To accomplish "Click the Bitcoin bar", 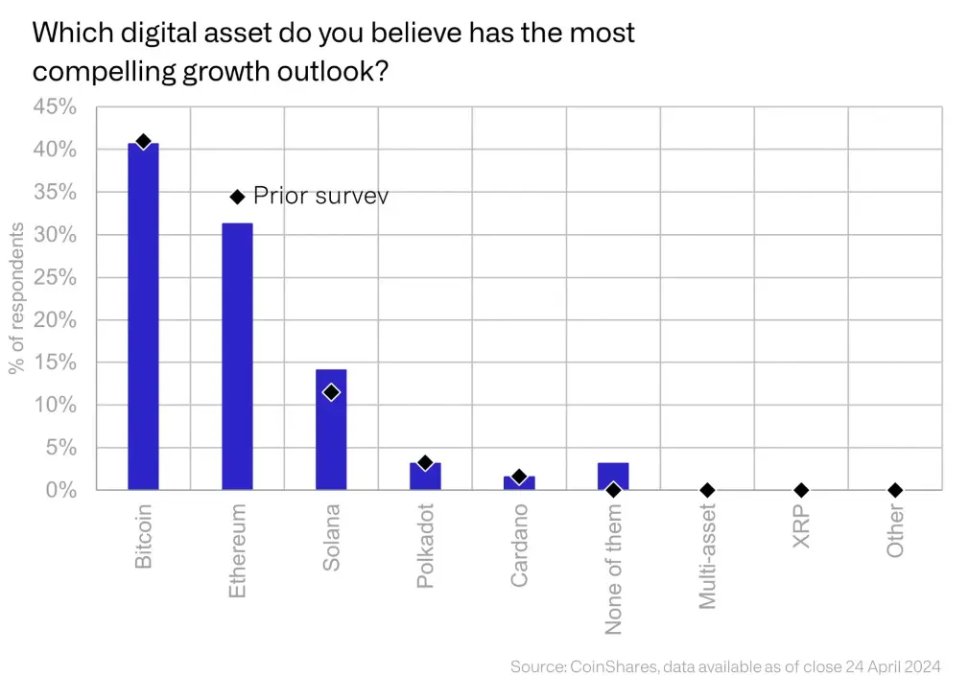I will (143, 316).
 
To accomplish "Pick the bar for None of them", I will (613, 474).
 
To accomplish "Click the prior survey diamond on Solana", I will (331, 392).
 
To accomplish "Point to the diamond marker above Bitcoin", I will (143, 142).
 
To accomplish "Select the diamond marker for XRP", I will (801, 490).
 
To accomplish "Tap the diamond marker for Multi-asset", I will (707, 490).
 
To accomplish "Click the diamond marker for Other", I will (895, 490).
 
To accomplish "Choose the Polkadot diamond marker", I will (425, 463).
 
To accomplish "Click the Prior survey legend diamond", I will (238, 197).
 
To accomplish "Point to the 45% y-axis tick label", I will (55, 106).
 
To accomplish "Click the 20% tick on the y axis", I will (55, 320).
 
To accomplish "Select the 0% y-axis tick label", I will (59, 490).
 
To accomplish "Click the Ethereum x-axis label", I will (238, 551).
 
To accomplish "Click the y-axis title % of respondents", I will (16, 298).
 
